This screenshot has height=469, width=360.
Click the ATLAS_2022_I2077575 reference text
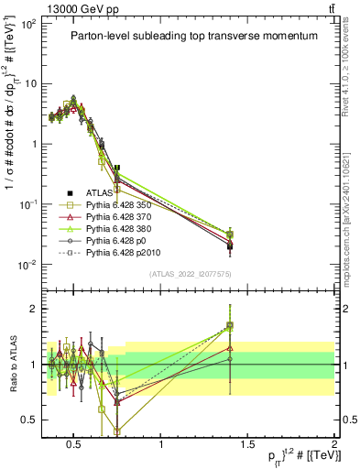click(x=190, y=274)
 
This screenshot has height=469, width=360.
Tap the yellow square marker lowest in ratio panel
click(x=117, y=431)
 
